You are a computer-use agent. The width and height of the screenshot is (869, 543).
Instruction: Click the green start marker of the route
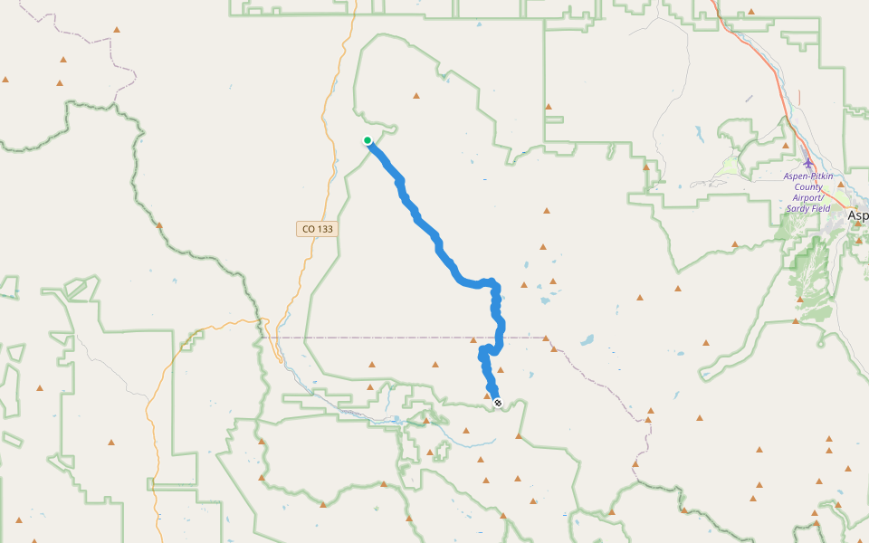click(368, 140)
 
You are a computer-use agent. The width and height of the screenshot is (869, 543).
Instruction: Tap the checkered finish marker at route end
click(497, 403)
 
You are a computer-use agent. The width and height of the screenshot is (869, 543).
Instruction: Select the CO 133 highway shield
click(315, 229)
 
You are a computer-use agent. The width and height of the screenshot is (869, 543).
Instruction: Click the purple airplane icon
click(807, 163)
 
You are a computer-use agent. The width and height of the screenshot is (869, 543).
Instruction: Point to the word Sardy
click(797, 208)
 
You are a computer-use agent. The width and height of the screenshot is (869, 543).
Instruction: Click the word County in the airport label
click(807, 186)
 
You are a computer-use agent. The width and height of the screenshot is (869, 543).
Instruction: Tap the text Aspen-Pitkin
click(808, 176)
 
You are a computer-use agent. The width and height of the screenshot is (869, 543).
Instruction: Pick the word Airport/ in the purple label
click(807, 197)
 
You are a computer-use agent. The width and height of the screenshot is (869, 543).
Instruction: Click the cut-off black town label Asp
click(857, 217)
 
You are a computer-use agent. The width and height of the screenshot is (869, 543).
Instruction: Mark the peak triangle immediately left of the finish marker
click(487, 395)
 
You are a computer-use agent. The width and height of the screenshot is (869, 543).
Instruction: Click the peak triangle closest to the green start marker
click(416, 95)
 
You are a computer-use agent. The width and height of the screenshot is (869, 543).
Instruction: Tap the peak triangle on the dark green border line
click(159, 224)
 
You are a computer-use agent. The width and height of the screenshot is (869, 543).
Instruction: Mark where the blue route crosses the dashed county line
click(500, 338)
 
